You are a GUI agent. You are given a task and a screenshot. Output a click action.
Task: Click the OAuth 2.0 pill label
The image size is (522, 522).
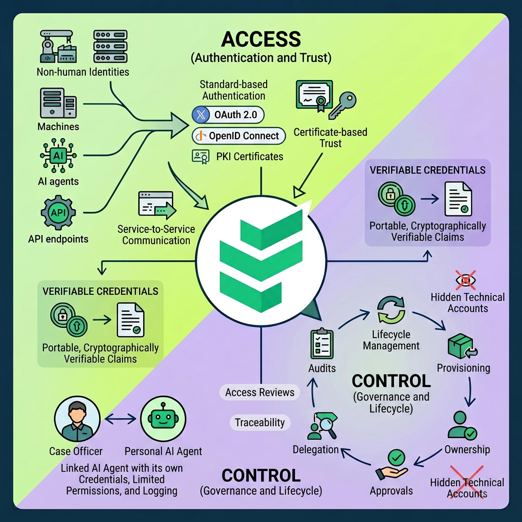[228, 115]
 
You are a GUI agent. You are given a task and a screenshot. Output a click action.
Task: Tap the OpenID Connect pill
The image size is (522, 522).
[239, 136]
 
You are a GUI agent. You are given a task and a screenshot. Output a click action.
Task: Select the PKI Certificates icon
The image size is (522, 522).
[201, 157]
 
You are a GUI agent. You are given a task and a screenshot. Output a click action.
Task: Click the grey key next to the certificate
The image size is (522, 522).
[342, 105]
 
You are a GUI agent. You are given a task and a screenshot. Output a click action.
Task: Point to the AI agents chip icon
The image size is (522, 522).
[58, 155]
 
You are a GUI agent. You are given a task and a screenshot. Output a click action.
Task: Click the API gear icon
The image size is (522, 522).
[58, 213]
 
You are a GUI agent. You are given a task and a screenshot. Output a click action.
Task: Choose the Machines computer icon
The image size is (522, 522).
[58, 103]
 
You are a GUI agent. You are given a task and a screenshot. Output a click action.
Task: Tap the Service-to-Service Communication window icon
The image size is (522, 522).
[157, 205]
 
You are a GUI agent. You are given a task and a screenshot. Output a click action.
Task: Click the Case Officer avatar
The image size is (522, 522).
[77, 419]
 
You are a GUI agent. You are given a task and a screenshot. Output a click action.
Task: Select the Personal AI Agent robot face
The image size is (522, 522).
[163, 419]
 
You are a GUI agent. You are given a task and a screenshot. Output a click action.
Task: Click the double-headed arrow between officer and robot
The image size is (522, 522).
[120, 419]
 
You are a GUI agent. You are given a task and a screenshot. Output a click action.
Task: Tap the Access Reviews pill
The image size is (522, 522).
[260, 392]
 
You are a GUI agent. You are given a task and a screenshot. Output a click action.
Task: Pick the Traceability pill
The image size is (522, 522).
[260, 422]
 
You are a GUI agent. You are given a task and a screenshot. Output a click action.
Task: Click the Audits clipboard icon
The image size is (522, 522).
[322, 344]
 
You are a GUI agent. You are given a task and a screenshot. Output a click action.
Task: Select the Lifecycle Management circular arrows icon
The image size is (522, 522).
[391, 310]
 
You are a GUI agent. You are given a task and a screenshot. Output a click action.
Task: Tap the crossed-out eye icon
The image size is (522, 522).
[465, 280]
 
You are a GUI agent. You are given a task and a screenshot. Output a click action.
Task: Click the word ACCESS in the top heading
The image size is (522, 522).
[261, 39]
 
